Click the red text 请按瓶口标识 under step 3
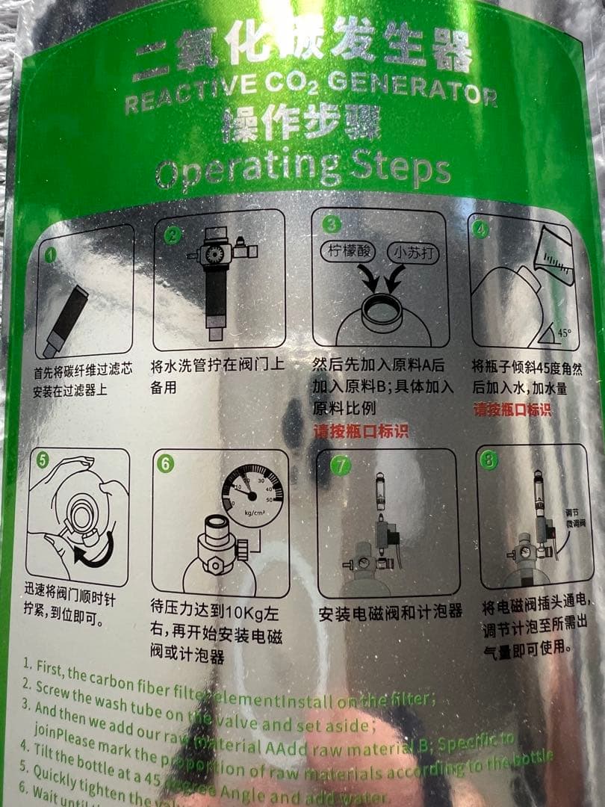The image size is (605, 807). pyautogui.click(x=360, y=432)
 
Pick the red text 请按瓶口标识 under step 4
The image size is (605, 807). pyautogui.click(x=512, y=409)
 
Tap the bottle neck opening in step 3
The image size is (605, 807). pyautogui.click(x=381, y=307)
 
